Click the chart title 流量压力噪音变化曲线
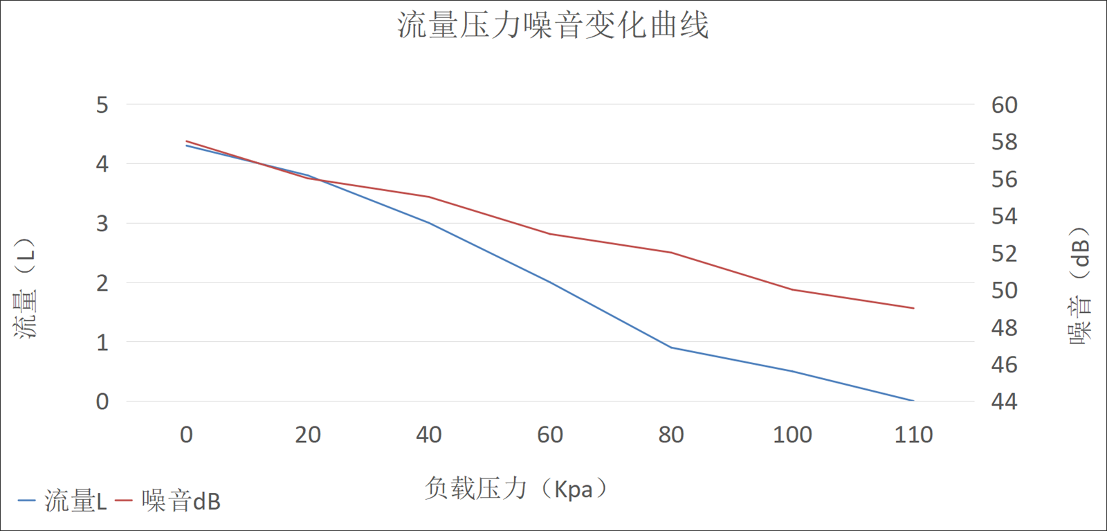tap(553, 26)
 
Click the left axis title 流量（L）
tap(26, 288)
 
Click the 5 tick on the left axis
tap(102, 105)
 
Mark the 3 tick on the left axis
tap(102, 224)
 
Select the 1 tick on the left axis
tap(102, 342)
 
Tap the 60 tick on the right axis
tap(1004, 105)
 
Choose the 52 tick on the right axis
tap(1004, 253)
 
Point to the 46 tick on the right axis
tap(1004, 364)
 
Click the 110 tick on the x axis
tap(913, 435)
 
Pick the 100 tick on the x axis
tap(792, 435)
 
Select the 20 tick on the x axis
tap(308, 435)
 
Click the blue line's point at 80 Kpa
tap(671, 348)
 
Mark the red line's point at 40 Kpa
tap(429, 197)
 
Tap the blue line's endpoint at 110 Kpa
tap(913, 401)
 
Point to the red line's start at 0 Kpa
tap(187, 141)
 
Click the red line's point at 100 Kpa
tap(792, 289)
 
